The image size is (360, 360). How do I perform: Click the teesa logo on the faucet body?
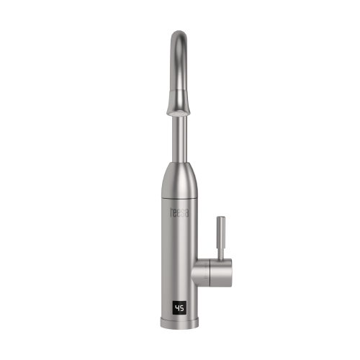[179, 212]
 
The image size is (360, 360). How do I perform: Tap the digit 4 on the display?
[177, 308]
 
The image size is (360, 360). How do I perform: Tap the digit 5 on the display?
[182, 308]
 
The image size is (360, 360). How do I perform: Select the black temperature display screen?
[179, 308]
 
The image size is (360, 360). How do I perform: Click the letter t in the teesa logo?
[171, 212]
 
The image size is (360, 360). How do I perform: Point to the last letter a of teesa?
[186, 213]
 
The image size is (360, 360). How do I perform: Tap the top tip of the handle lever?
[221, 217]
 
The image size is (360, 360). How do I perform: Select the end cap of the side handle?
[221, 273]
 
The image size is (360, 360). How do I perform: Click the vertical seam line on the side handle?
[210, 273]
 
